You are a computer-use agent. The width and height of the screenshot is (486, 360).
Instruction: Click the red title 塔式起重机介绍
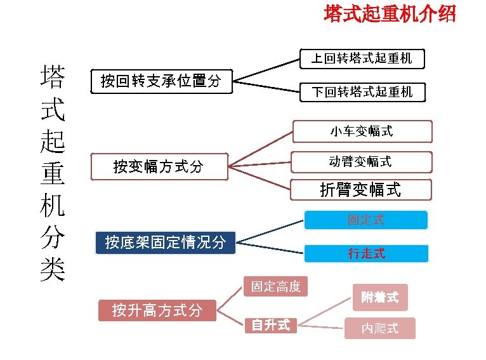point(390,14)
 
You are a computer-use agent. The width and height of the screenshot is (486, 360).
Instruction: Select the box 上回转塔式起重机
point(362,59)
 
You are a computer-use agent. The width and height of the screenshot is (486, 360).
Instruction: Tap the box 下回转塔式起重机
point(362,92)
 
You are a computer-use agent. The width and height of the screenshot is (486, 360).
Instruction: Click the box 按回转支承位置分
point(162,81)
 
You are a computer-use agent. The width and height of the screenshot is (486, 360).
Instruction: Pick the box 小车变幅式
point(362,131)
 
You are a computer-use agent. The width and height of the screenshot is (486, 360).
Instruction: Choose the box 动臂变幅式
point(360,161)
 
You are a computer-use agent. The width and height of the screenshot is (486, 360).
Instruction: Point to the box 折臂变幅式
point(360,189)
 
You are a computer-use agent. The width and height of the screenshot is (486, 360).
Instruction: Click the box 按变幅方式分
point(159,167)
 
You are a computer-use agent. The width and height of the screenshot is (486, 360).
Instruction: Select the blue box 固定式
point(366,220)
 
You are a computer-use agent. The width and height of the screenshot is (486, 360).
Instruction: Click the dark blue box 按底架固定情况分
point(165,243)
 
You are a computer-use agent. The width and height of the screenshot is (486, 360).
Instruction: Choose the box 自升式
point(271,325)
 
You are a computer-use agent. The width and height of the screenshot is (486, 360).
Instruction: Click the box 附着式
point(380,297)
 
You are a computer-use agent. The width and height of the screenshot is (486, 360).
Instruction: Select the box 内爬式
point(380,328)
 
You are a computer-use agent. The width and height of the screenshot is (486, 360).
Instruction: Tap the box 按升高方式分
point(157,310)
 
